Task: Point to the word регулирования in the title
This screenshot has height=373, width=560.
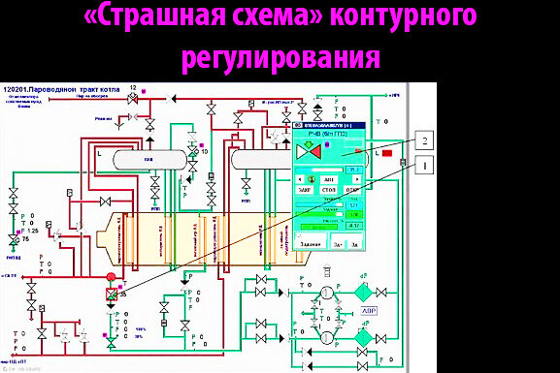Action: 280,57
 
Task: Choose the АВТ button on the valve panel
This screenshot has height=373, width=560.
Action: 330,179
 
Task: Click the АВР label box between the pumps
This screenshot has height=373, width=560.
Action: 370,312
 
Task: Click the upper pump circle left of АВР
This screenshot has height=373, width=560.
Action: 328,292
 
